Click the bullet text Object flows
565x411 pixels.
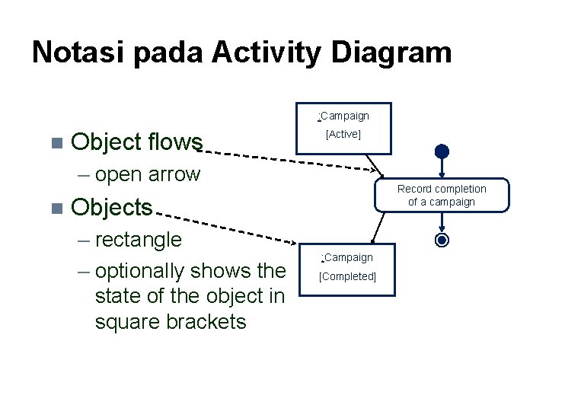(136, 142)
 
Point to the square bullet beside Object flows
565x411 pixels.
(54, 142)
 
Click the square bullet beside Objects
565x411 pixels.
(54, 208)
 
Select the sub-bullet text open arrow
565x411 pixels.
(148, 174)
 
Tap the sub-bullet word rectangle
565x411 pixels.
(139, 240)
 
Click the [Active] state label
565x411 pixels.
(343, 134)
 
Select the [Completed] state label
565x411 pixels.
(348, 276)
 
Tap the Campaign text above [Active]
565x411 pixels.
(344, 116)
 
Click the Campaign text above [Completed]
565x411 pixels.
(348, 257)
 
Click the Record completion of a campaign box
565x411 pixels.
(441, 195)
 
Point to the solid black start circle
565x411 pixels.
(442, 151)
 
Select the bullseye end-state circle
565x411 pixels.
(442, 241)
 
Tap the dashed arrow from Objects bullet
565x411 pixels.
(228, 225)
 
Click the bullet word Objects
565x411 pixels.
(111, 207)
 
